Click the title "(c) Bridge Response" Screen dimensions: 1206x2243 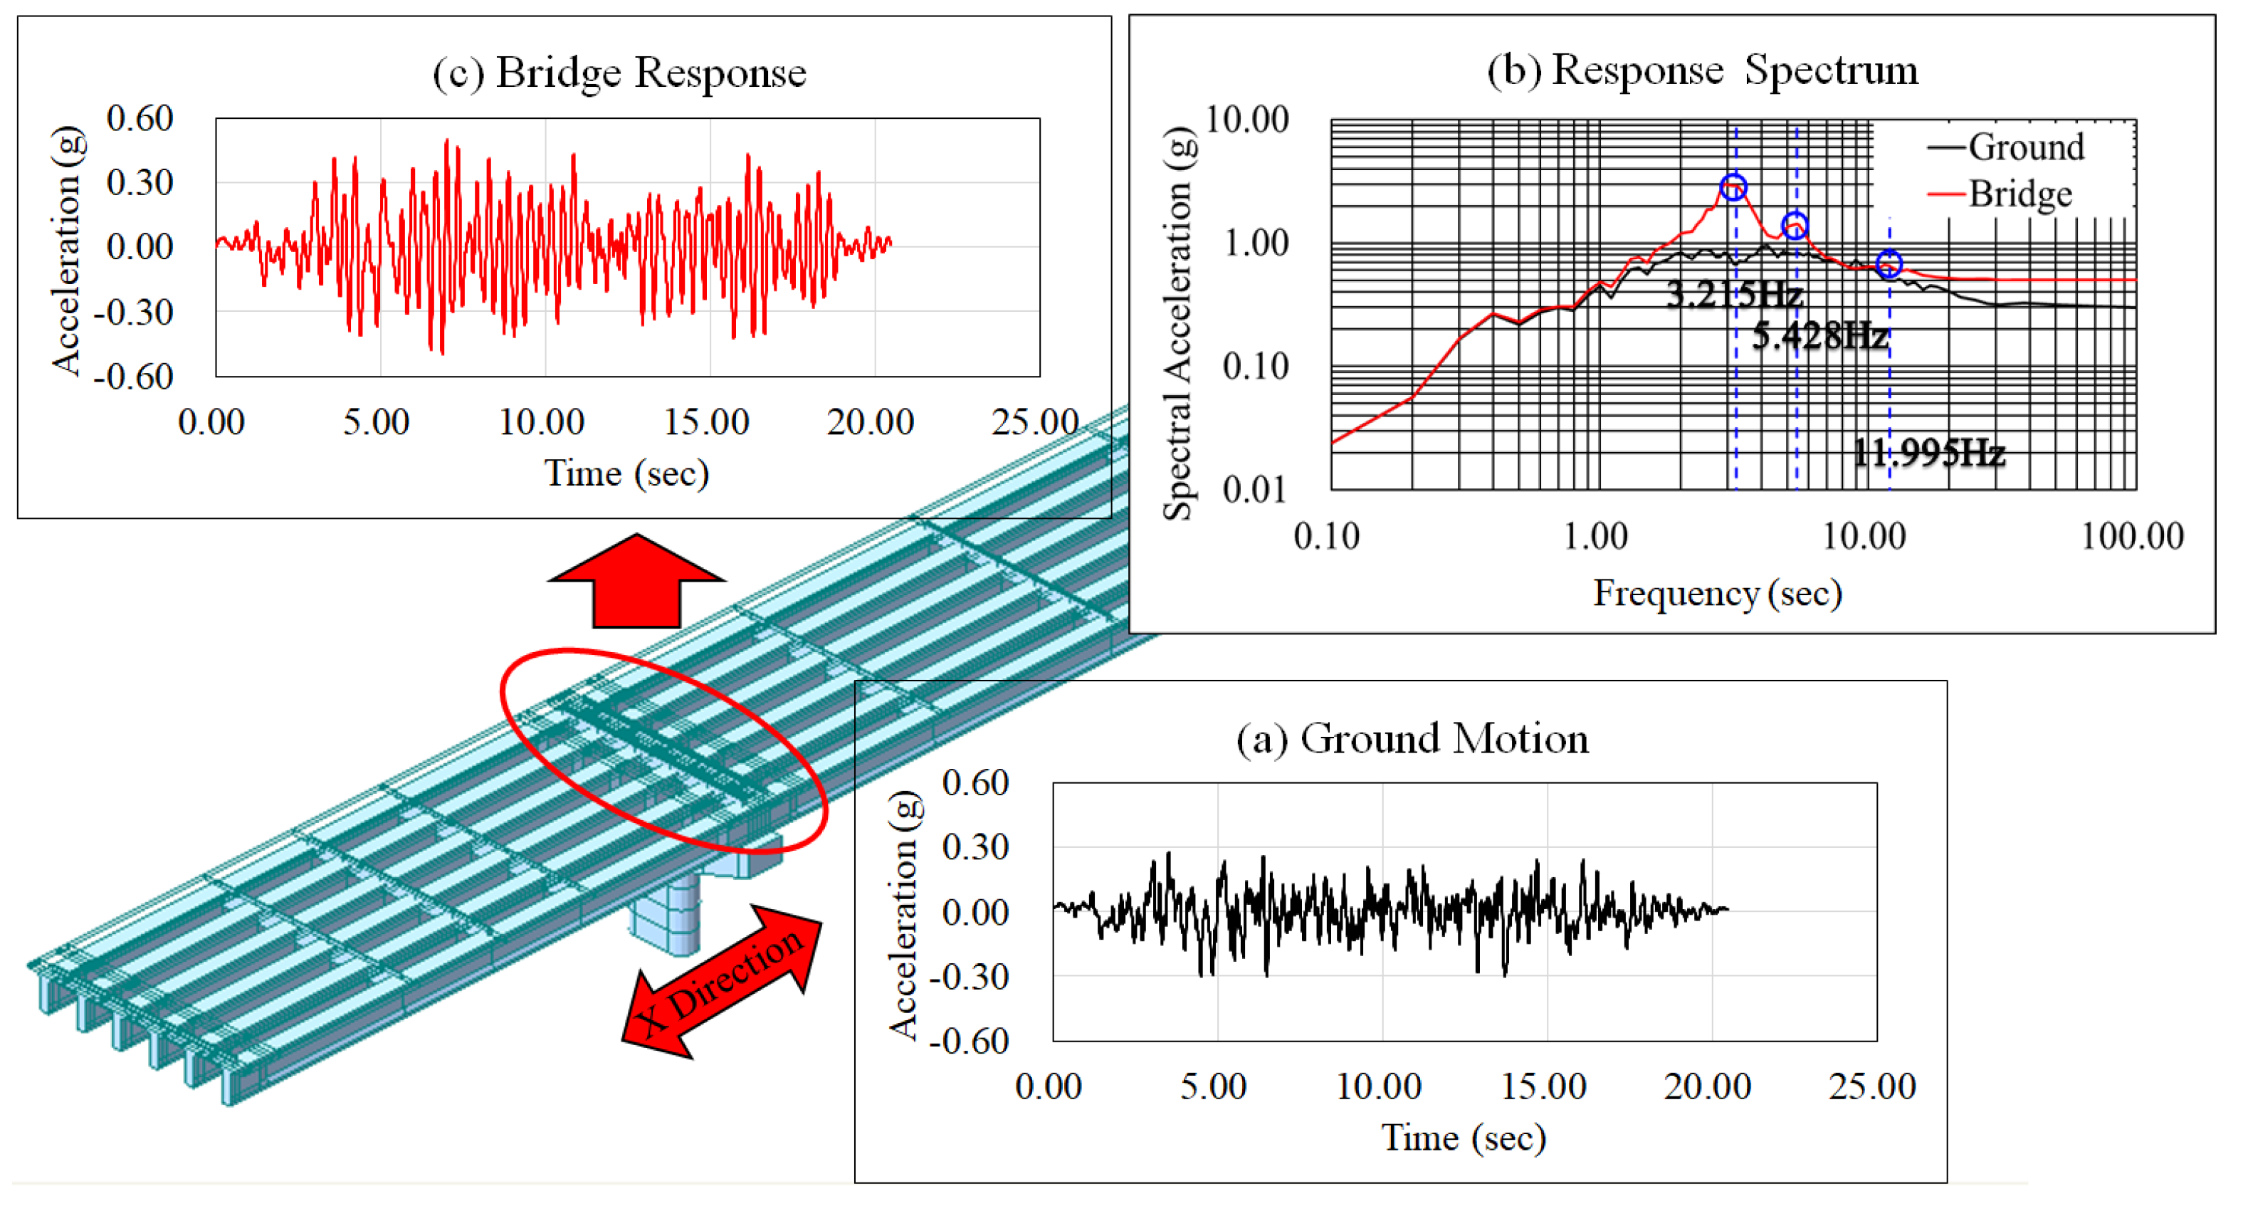[x=619, y=73]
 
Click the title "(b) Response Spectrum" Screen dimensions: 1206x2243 [x=1701, y=70]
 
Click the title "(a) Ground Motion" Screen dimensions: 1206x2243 [x=1412, y=738]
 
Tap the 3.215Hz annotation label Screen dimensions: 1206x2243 [x=1733, y=294]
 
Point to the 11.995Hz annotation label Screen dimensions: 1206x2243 [x=1928, y=453]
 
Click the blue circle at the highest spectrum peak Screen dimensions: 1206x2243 [x=1733, y=187]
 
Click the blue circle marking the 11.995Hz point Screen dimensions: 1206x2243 [x=1888, y=263]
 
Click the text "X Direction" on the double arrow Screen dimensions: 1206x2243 [x=721, y=980]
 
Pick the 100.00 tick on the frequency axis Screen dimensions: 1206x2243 [x=2131, y=535]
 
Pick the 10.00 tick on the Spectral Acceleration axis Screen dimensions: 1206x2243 [x=1246, y=120]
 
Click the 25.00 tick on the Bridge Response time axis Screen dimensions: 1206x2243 [x=1034, y=422]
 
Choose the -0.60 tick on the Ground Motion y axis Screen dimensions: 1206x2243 [x=968, y=1041]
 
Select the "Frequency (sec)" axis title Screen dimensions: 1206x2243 [x=1716, y=593]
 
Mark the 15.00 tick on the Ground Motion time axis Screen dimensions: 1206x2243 [x=1543, y=1086]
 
